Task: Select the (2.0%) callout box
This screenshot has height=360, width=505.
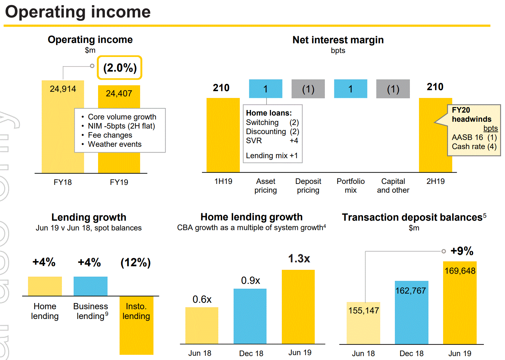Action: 120,68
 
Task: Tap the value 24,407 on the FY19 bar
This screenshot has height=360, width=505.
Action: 119,93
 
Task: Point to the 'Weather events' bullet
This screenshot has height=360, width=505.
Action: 115,144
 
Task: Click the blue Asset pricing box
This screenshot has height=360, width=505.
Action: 266,89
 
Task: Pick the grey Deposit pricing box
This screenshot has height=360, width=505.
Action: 308,89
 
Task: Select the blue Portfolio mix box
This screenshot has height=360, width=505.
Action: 351,89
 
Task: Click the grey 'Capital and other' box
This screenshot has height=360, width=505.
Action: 393,89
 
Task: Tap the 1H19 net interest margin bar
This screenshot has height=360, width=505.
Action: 223,135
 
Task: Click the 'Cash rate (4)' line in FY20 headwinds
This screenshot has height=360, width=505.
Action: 474,146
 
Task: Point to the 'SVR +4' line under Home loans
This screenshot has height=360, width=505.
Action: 272,141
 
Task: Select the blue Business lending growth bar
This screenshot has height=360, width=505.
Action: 91,286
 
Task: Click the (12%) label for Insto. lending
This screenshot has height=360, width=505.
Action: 136,262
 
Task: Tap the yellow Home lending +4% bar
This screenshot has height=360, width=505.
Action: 45,286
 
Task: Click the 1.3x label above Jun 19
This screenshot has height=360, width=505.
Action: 299,259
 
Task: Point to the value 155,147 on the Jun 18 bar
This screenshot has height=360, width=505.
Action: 364,311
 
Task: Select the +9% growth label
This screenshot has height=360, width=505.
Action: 462,251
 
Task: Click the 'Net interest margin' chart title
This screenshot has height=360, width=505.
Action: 338,40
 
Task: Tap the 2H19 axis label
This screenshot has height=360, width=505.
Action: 435,181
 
